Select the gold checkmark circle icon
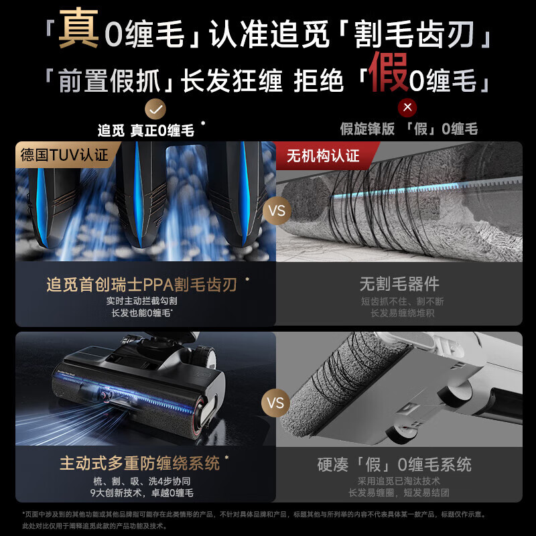pyautogui.click(x=155, y=108)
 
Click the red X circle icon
pyautogui.click(x=407, y=108)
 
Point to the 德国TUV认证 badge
pyautogui.click(x=64, y=155)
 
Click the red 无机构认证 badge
pyautogui.click(x=323, y=156)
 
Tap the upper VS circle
pyautogui.click(x=276, y=211)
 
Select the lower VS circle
pyautogui.click(x=276, y=403)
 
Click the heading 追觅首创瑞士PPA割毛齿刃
pyautogui.click(x=141, y=285)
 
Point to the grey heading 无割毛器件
pyautogui.click(x=399, y=285)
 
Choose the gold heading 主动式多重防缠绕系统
pyautogui.click(x=139, y=463)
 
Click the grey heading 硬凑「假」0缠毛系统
pyautogui.click(x=394, y=464)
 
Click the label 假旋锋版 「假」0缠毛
pyautogui.click(x=408, y=130)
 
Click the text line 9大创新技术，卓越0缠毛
pyautogui.click(x=141, y=493)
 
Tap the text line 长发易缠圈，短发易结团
pyautogui.click(x=399, y=493)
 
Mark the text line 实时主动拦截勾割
pyautogui.click(x=141, y=301)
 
